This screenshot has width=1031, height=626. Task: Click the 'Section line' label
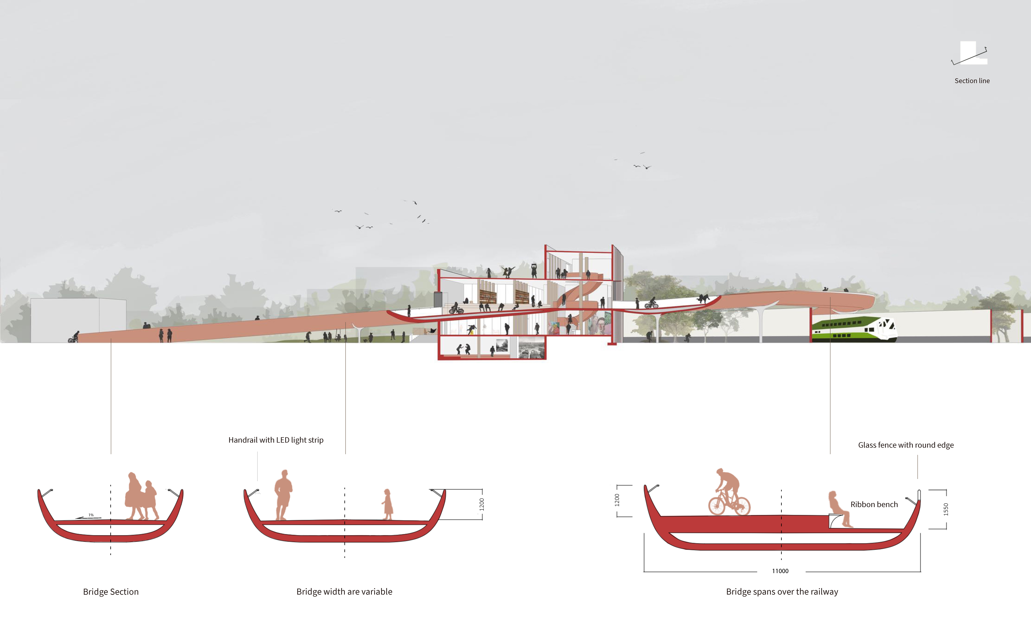[972, 81]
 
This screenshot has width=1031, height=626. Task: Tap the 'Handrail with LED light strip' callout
[276, 440]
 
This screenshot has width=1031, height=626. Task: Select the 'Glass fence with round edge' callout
[905, 445]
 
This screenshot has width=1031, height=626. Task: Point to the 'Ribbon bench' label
[874, 504]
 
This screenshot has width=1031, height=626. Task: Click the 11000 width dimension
[780, 571]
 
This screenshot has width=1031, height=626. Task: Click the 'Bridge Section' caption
[110, 591]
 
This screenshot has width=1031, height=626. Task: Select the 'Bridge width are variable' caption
[344, 591]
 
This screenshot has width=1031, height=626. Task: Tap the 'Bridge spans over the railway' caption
[782, 591]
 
